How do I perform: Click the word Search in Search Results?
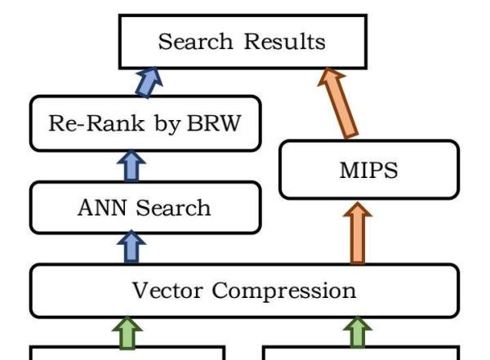point(195,42)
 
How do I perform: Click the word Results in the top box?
point(284,42)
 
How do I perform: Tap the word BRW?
point(214,122)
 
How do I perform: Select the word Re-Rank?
point(96,122)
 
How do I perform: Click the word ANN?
point(101,207)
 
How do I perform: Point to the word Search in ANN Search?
point(173,207)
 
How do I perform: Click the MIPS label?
point(369,171)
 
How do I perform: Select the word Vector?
point(167,291)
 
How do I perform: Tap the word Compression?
point(283,291)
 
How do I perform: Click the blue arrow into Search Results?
point(149,82)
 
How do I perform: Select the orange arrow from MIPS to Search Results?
point(338,103)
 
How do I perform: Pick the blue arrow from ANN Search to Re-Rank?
point(131,166)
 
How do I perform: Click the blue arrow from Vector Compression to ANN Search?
point(131,247)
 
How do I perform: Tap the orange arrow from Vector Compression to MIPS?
point(358,233)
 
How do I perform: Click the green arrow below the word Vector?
point(127,332)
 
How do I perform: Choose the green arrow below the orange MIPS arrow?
point(358,332)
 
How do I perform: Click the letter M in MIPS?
point(349,171)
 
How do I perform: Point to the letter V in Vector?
point(140,290)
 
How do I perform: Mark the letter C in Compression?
point(220,291)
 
